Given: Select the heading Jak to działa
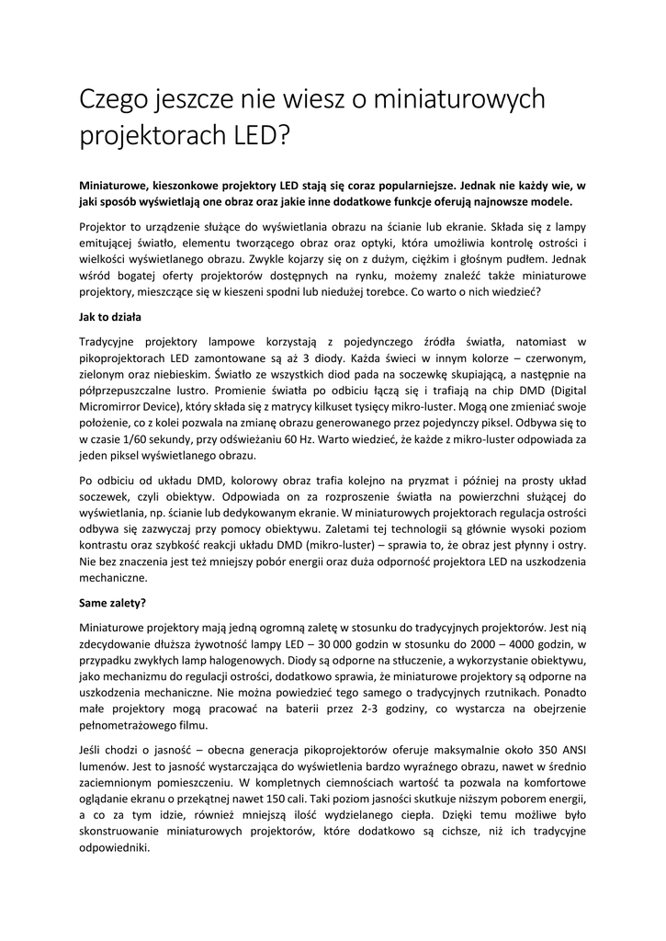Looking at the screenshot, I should pyautogui.click(x=108, y=317).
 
